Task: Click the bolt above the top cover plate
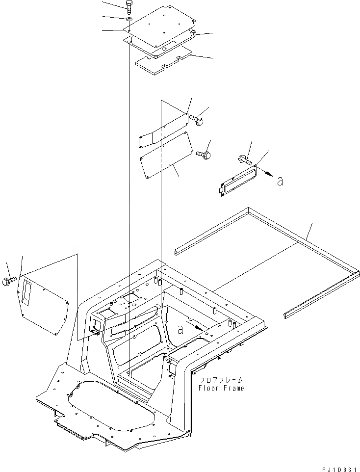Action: pyautogui.click(x=128, y=7)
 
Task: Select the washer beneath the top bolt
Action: pyautogui.click(x=128, y=19)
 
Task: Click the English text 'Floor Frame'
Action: pyautogui.click(x=221, y=388)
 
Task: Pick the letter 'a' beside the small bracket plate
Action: pyautogui.click(x=280, y=181)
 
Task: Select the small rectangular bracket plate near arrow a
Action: pyautogui.click(x=237, y=181)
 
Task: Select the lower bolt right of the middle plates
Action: pyautogui.click(x=204, y=154)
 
